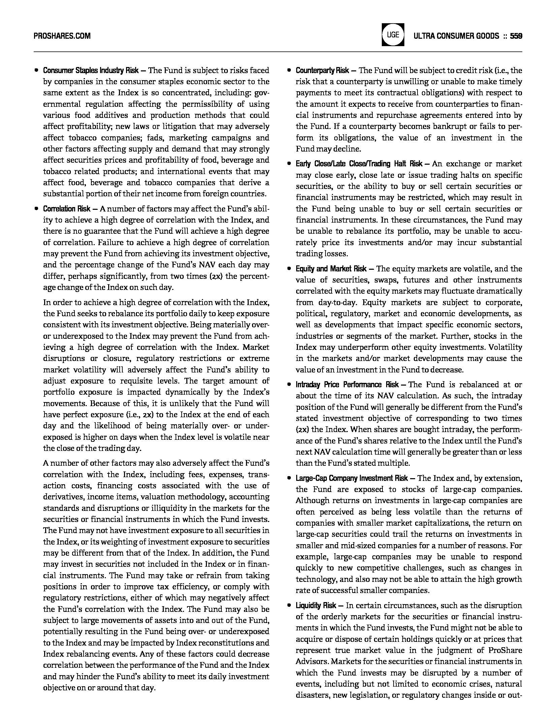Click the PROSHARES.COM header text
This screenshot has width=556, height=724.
point(62,36)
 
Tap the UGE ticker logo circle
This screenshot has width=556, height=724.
point(393,35)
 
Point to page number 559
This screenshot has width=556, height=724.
point(516,36)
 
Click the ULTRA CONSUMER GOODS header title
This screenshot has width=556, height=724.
point(456,36)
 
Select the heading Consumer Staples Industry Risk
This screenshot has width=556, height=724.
point(91,70)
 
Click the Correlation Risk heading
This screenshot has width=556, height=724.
point(66,209)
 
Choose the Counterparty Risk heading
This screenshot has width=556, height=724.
point(322,70)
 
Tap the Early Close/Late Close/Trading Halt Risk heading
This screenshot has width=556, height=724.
point(359,164)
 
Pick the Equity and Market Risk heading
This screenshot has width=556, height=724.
point(331,269)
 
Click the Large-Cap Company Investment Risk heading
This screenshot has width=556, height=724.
point(352,478)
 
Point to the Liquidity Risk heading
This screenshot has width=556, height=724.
point(316,605)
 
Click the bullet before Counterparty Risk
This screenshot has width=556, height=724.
point(289,70)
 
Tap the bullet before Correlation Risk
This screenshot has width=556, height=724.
point(36,209)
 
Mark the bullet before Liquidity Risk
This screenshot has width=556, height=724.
point(289,605)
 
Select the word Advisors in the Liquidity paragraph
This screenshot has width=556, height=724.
point(312,662)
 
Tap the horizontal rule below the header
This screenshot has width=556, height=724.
point(278,52)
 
